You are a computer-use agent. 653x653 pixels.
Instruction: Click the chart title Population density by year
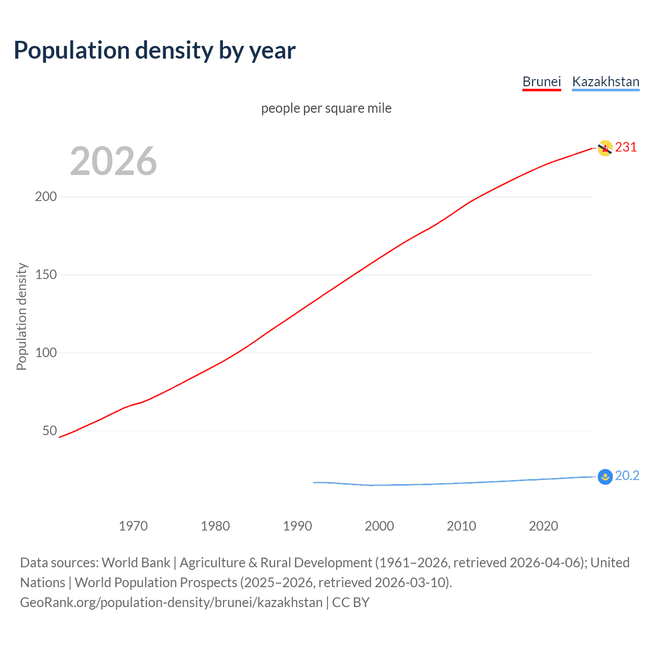tap(155, 51)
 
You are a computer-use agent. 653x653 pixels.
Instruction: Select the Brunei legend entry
tap(541, 82)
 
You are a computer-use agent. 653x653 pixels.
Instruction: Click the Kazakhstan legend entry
tap(606, 82)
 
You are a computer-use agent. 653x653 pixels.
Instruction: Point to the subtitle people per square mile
tap(326, 109)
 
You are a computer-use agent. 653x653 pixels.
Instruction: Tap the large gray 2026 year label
tap(113, 161)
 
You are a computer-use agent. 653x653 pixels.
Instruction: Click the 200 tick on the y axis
tap(46, 197)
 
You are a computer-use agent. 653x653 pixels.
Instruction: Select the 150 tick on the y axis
tap(46, 275)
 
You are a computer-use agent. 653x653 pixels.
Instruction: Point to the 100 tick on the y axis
tap(46, 353)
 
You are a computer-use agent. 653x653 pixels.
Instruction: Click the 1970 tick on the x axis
tap(133, 526)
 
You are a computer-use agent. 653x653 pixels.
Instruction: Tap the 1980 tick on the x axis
tap(215, 526)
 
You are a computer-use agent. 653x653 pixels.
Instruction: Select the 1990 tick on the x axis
tap(297, 526)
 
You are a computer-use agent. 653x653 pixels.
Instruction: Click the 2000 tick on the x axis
tap(379, 526)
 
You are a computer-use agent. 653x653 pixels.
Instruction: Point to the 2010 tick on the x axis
tap(461, 526)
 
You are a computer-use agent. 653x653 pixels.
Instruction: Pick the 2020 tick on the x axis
tap(543, 526)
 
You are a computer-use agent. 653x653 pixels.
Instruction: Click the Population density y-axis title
tap(21, 316)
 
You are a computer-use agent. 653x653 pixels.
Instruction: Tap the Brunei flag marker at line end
tap(605, 148)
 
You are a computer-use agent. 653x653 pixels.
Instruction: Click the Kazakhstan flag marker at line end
tap(605, 477)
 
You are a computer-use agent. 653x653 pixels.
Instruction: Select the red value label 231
tap(626, 147)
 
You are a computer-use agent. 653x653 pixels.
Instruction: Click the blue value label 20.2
tap(627, 476)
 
